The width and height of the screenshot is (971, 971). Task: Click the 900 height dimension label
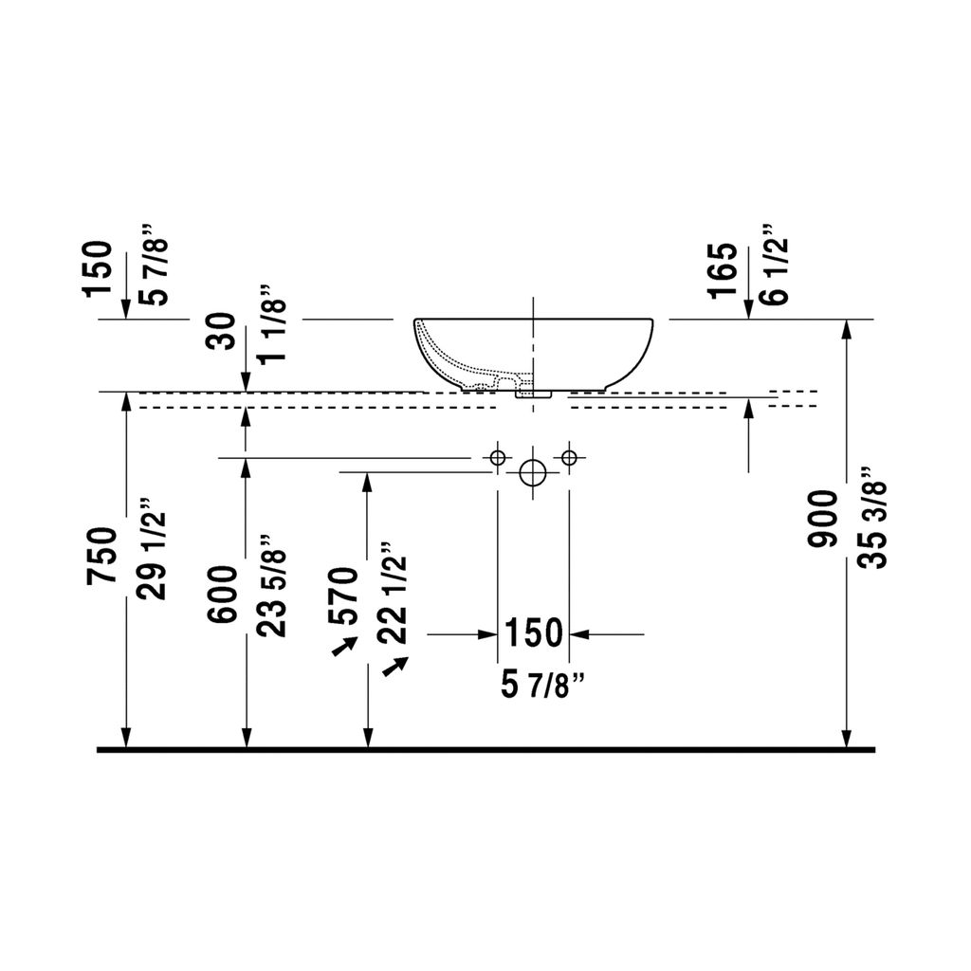click(823, 519)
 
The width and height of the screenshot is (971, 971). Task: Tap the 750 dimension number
click(101, 556)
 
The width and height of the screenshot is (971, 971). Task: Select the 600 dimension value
click(223, 595)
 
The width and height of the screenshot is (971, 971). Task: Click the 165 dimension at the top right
click(724, 270)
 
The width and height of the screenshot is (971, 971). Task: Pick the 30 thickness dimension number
click(223, 332)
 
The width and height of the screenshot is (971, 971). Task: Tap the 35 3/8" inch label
click(873, 518)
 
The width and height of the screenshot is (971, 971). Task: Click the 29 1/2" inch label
click(152, 549)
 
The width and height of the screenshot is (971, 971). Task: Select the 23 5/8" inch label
click(273, 586)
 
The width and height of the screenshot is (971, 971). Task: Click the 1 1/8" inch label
click(273, 324)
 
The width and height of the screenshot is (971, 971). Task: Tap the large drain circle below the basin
click(532, 473)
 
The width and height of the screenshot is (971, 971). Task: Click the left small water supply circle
click(497, 458)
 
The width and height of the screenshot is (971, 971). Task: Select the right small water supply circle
click(569, 458)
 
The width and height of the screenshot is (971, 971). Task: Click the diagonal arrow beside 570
click(345, 647)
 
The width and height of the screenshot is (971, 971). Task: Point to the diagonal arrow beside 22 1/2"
click(395, 667)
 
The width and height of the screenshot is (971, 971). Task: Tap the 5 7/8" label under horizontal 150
click(543, 687)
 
